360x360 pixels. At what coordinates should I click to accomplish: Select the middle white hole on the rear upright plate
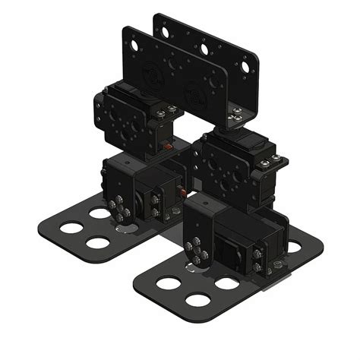(x=205, y=49)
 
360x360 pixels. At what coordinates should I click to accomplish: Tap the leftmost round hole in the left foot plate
(x=72, y=228)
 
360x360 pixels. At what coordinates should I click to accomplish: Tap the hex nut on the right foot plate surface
(x=276, y=265)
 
